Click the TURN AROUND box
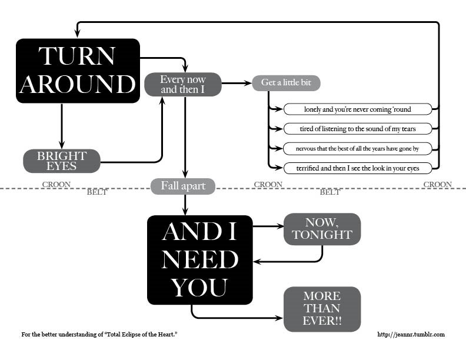click(78, 71)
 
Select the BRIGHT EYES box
click(62, 161)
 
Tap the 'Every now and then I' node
click(182, 84)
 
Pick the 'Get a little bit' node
click(286, 83)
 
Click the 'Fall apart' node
click(182, 186)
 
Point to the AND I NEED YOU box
click(199, 259)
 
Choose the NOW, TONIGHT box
click(322, 229)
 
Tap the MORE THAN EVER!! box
click(322, 309)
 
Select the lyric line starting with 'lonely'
click(357, 109)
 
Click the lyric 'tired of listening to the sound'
click(357, 128)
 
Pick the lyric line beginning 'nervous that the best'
click(357, 148)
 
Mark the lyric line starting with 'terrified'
click(357, 168)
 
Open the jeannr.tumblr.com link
click(411, 335)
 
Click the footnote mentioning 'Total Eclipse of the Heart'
click(99, 335)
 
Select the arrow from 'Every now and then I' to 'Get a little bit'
click(237, 84)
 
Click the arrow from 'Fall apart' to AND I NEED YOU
click(185, 204)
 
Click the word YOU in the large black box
click(199, 288)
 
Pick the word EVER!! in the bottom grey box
click(322, 321)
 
